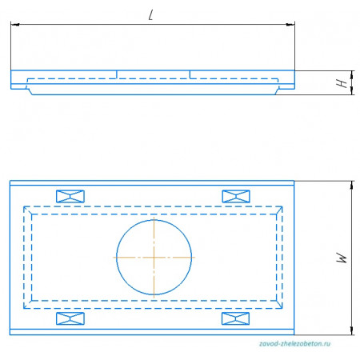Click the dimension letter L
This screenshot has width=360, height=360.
coord(151,15)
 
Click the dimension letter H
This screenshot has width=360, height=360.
coord(342,83)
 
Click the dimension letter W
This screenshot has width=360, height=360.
coord(342,258)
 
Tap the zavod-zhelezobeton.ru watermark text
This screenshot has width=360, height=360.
coord(294,343)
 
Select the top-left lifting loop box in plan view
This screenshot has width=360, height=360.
coord(70,197)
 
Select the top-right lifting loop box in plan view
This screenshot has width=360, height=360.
coord(236,197)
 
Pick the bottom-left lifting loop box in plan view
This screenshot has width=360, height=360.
coord(70,318)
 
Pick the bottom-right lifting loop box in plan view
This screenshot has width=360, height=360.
coord(236,318)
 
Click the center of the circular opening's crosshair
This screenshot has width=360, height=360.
coord(154,258)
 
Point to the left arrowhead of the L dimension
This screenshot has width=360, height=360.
coord(15,25)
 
